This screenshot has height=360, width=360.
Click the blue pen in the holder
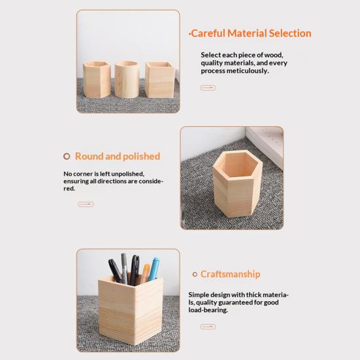pos(154,267)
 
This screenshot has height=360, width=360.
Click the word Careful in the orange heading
pos(208,33)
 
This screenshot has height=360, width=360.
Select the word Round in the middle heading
pos(88,156)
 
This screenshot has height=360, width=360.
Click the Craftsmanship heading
pos(230,274)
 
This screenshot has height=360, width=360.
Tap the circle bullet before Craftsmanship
pos(195,274)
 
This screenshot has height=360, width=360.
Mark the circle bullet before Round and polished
pos(67,156)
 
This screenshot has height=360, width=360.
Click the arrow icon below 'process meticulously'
pos(208,88)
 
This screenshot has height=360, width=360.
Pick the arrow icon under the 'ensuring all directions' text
pos(86,205)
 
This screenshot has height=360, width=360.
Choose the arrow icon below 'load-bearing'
pos(208,327)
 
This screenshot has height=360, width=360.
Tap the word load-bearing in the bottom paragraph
pos(208,310)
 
